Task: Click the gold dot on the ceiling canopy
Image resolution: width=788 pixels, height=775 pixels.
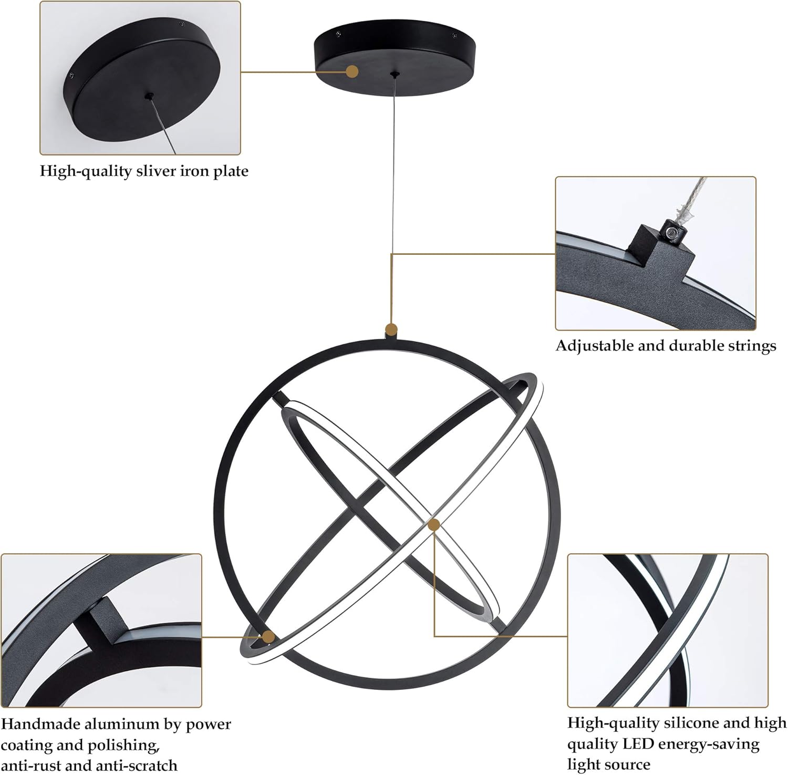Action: pyautogui.click(x=352, y=71)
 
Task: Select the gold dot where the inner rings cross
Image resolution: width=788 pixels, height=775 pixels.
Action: pyautogui.click(x=433, y=524)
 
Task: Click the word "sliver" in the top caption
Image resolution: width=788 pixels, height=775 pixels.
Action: pyautogui.click(x=156, y=171)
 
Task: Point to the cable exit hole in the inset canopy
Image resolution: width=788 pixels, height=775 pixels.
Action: pyautogui.click(x=150, y=96)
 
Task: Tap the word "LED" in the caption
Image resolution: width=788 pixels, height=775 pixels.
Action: pyautogui.click(x=638, y=745)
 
